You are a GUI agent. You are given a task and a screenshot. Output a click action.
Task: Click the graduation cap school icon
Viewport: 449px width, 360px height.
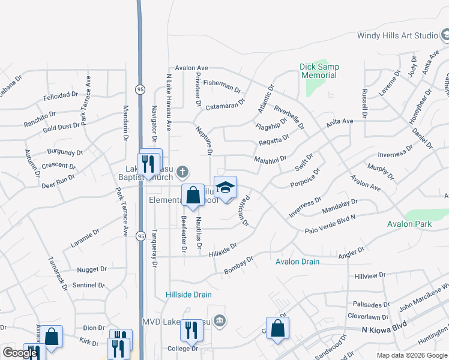click(226, 188)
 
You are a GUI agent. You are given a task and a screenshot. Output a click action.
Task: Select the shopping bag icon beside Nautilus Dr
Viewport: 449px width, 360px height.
click(193, 196)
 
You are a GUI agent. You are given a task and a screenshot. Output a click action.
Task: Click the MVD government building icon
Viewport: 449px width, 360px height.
click(220, 321)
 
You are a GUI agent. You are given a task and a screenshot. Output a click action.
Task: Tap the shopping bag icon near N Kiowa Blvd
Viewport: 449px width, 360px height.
click(277, 328)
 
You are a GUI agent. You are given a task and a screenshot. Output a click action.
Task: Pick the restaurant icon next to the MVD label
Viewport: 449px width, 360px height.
click(191, 329)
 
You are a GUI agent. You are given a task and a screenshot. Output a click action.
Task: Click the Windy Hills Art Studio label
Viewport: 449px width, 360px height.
click(397, 35)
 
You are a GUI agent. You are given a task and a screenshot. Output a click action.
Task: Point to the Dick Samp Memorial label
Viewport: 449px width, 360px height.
click(319, 71)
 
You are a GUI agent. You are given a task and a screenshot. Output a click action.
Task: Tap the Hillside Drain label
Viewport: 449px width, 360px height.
click(189, 295)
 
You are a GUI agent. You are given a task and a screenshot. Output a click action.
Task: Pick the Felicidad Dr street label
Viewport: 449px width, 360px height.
click(61, 95)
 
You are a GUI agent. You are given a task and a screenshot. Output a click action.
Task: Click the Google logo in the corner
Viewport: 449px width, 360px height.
click(20, 353)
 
